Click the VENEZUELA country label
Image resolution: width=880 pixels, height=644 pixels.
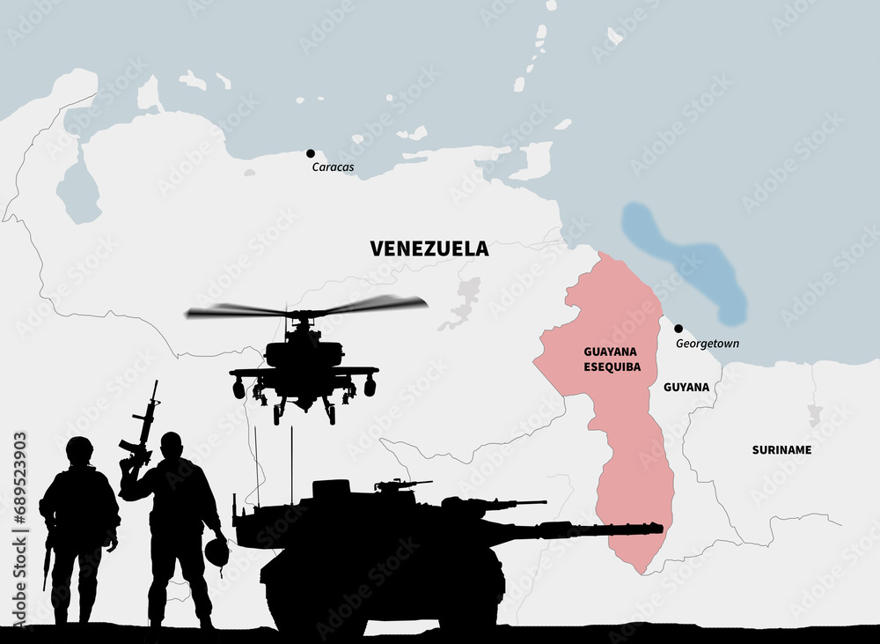click(429, 249)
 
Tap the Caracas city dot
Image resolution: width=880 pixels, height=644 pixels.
click(311, 153)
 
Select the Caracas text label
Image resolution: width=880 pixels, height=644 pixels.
click(333, 167)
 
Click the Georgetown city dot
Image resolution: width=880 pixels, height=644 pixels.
click(678, 329)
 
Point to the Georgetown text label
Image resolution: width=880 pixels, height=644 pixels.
click(708, 344)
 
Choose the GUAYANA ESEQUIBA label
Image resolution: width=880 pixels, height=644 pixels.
click(612, 358)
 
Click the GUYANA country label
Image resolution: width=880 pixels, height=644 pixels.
click(686, 387)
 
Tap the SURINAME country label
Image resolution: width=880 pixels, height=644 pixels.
click(781, 449)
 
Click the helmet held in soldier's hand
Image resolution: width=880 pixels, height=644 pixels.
click(216, 552)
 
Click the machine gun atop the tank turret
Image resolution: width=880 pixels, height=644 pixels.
click(400, 484)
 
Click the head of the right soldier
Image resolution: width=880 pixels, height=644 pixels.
click(172, 444)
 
